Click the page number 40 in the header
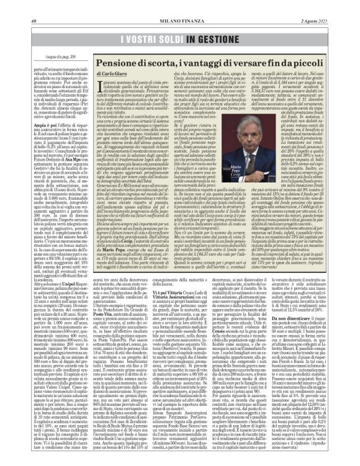point(34,5)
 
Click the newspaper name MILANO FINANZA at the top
point(179,5)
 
